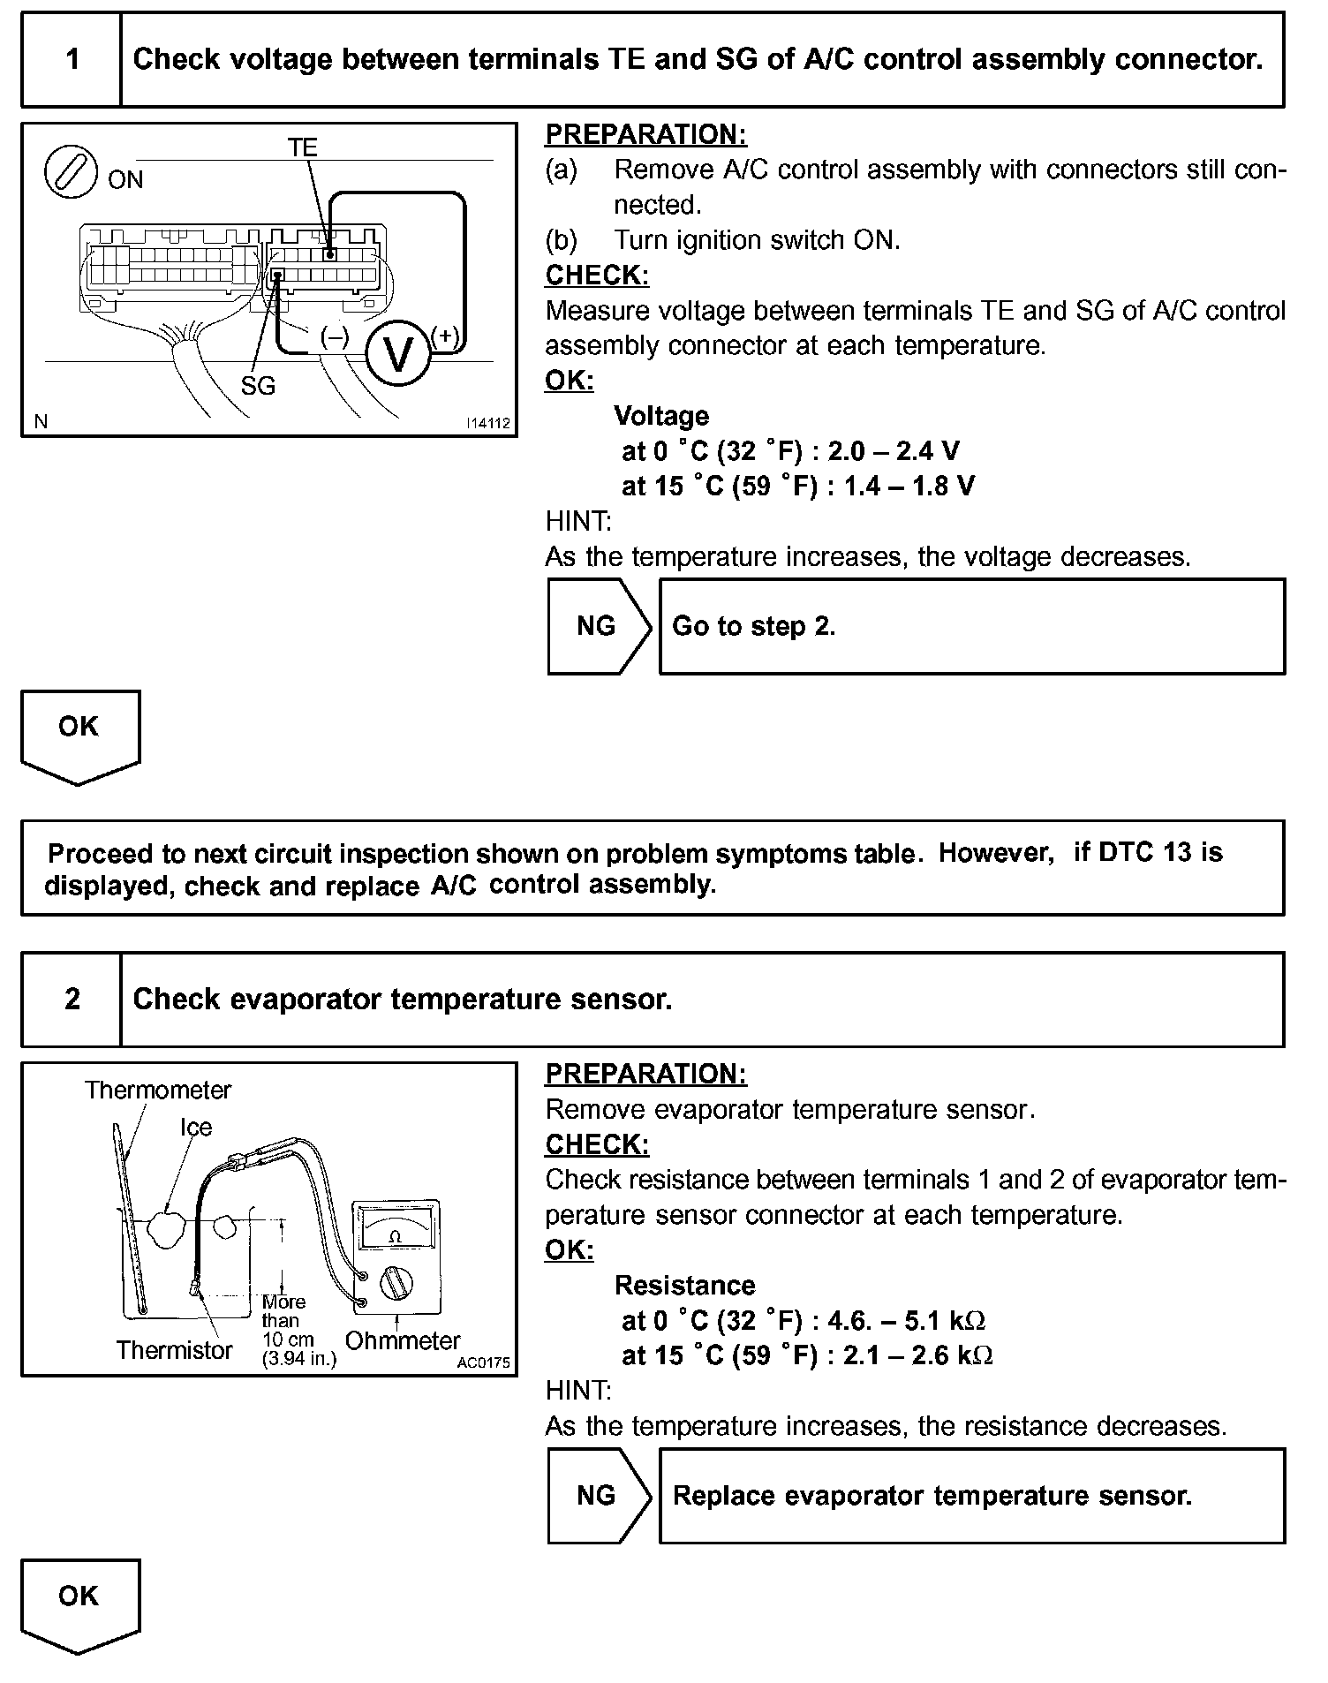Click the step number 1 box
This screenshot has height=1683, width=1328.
tap(72, 60)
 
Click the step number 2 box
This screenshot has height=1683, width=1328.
tap(72, 1000)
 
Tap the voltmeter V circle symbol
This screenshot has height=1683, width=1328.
tap(398, 355)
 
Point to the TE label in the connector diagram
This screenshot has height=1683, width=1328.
tap(302, 147)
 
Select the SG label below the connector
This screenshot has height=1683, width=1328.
tap(258, 386)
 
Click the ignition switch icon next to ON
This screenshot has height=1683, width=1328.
tap(71, 171)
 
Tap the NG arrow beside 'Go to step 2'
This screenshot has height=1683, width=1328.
tap(598, 627)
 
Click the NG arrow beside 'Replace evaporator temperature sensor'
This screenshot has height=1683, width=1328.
tap(598, 1496)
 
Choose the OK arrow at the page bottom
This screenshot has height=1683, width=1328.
tap(79, 1604)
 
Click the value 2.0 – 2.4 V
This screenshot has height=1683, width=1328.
tap(893, 451)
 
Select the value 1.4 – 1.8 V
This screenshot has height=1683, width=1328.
tap(909, 487)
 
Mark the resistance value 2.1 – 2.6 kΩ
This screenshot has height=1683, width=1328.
tap(917, 1355)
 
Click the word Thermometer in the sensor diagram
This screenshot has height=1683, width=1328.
tap(157, 1091)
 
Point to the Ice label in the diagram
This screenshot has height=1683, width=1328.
tap(196, 1128)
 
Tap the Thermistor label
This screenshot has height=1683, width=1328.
tap(174, 1350)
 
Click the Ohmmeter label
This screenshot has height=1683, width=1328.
tap(403, 1341)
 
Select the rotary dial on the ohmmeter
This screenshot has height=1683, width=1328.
tap(395, 1282)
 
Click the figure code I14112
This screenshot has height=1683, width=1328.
tap(488, 424)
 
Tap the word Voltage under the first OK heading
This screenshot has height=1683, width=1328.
tap(661, 416)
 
